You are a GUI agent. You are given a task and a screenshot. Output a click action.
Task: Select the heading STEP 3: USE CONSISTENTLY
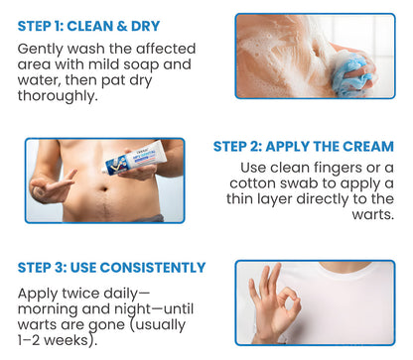tap(112, 268)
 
